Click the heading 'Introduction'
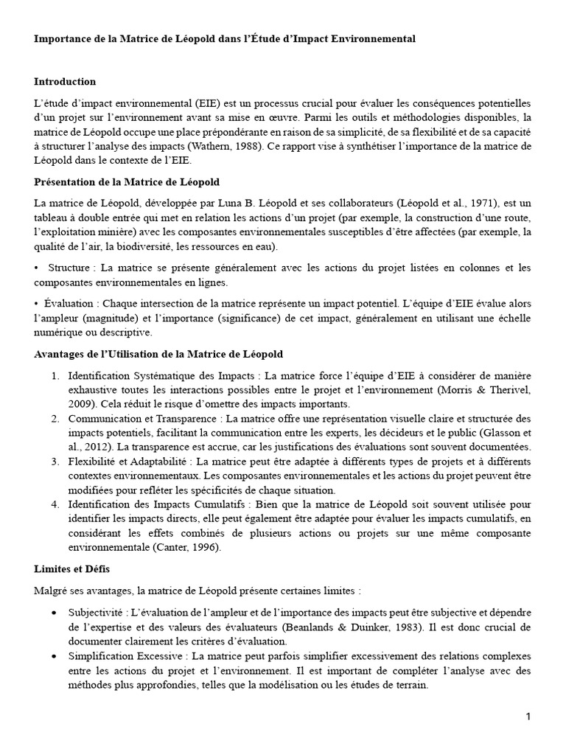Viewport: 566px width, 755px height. point(65,81)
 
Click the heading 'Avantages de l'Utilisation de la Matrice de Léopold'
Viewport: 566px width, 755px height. point(158,355)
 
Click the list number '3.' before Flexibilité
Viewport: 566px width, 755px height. point(56,462)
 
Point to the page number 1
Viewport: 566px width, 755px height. point(528,717)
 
